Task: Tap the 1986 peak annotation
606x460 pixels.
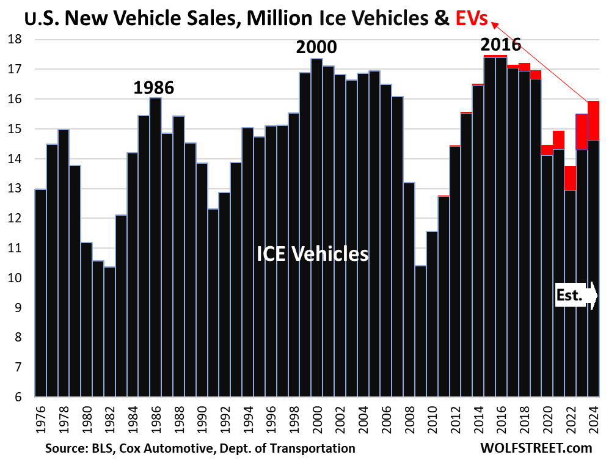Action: click(x=154, y=87)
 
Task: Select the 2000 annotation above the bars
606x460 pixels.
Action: click(x=316, y=47)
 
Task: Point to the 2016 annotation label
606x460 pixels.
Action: click(x=500, y=45)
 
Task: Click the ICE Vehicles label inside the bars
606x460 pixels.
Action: click(x=312, y=253)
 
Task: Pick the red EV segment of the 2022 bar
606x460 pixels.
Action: click(x=570, y=178)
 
